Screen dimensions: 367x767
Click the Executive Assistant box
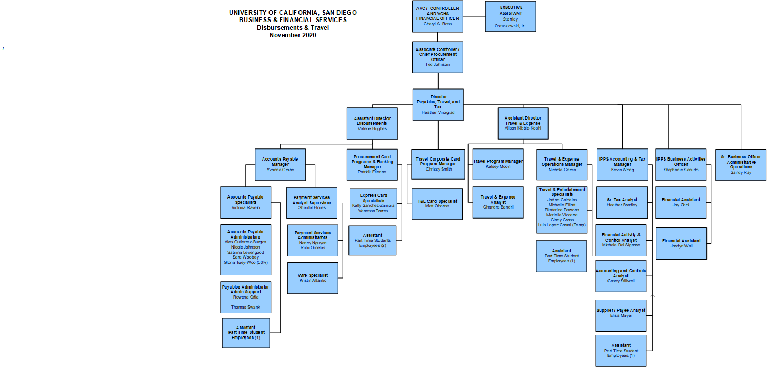(510, 16)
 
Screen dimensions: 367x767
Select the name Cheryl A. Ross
(437, 24)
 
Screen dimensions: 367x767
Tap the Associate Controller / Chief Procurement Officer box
(437, 57)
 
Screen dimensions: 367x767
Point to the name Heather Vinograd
(437, 112)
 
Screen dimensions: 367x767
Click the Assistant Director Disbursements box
(372, 123)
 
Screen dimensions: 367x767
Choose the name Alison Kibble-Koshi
(523, 128)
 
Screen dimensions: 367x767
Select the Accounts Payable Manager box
(280, 164)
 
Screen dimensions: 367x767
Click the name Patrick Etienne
(372, 172)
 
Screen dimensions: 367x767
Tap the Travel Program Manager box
(498, 164)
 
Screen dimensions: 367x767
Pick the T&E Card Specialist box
(437, 203)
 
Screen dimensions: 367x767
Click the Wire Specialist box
(313, 278)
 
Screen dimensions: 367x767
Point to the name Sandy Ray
(741, 172)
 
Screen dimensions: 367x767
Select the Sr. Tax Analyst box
(622, 202)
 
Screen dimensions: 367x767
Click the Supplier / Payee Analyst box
(621, 313)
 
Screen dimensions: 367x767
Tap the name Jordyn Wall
(681, 246)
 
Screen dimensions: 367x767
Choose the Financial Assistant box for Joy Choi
(681, 202)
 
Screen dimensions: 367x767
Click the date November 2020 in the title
(293, 35)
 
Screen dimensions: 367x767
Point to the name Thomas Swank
(245, 307)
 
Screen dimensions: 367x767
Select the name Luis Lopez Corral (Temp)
(562, 225)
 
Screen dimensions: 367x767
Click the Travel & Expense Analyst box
(498, 202)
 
